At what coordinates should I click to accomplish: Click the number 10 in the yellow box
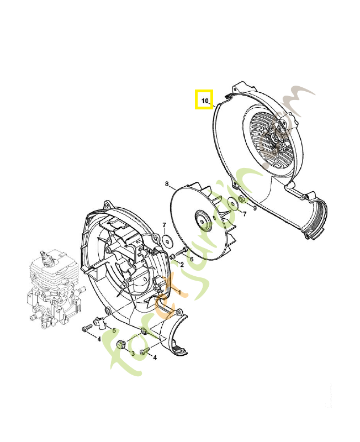(204, 101)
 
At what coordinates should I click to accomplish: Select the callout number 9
(255, 208)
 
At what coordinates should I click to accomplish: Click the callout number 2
(182, 265)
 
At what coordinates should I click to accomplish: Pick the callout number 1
(178, 290)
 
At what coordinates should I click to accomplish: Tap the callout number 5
(114, 330)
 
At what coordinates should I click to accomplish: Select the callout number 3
(133, 353)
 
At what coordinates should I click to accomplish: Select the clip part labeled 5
(99, 321)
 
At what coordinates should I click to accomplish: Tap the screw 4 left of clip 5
(86, 329)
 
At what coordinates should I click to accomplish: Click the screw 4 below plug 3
(145, 351)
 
